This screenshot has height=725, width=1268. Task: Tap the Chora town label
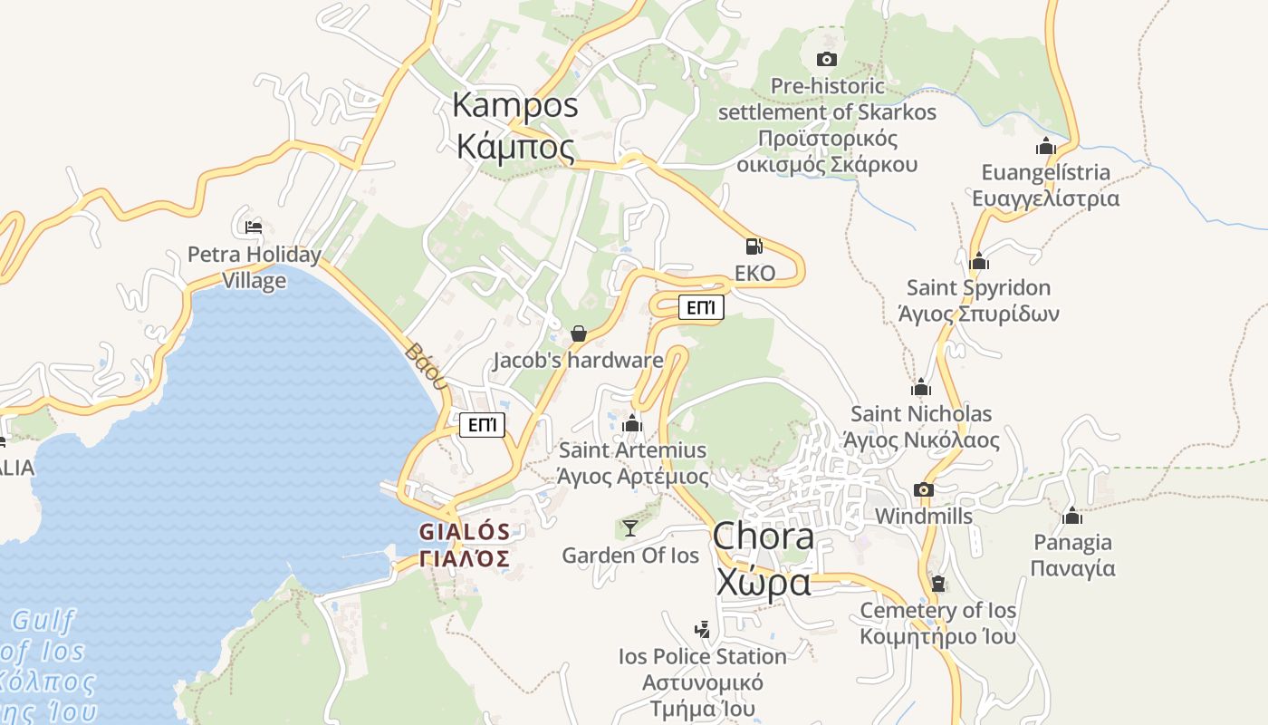(x=763, y=560)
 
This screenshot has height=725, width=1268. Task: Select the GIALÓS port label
(x=464, y=545)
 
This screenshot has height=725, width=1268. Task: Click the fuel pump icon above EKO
(x=754, y=246)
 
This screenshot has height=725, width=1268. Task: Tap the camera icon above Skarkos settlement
(x=826, y=60)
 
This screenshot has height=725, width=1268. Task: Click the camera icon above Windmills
(x=923, y=490)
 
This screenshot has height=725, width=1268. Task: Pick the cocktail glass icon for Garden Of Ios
(x=630, y=527)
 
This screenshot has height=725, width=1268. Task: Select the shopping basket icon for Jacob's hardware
(x=579, y=333)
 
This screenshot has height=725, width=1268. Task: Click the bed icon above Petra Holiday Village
(x=254, y=227)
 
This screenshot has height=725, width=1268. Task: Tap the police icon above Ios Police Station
(x=702, y=629)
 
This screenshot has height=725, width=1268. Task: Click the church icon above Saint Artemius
(x=632, y=423)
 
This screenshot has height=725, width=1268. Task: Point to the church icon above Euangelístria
(x=1046, y=146)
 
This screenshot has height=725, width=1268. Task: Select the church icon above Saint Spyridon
(x=978, y=262)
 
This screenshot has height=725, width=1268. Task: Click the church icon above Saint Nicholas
(x=921, y=388)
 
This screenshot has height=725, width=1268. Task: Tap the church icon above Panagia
(x=1072, y=517)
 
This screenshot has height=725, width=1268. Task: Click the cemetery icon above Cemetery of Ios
(x=938, y=584)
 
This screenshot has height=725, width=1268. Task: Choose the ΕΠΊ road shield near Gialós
(x=482, y=425)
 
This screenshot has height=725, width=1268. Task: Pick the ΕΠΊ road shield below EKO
(x=701, y=308)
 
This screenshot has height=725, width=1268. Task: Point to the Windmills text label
(x=923, y=517)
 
